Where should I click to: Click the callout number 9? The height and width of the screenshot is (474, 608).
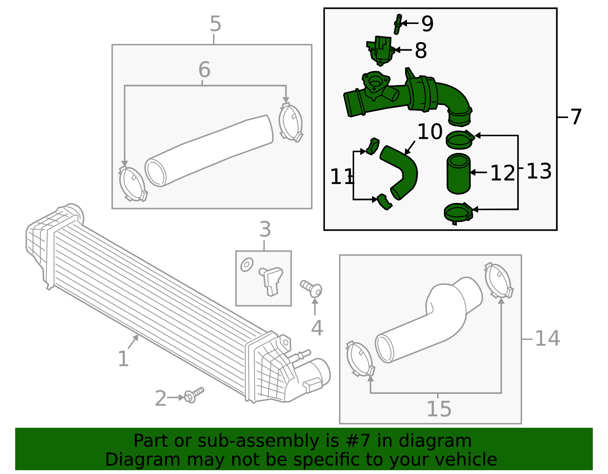[x=427, y=24]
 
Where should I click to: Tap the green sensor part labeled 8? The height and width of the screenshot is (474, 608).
[x=381, y=50]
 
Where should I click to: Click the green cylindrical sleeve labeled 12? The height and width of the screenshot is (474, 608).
[x=459, y=174]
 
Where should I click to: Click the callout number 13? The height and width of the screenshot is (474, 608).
[x=539, y=171]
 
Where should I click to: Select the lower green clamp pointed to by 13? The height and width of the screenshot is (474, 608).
[x=458, y=213]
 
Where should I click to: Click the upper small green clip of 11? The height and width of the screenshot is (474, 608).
[x=373, y=146]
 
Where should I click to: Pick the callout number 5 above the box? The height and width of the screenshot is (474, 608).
[x=215, y=24]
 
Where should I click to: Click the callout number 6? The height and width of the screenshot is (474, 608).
[x=204, y=70]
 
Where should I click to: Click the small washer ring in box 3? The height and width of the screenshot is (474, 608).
[x=247, y=264]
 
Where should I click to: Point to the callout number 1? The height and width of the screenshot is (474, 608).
[x=123, y=359]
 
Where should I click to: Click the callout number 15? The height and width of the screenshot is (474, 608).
[x=439, y=409]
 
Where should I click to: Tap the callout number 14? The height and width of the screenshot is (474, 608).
[x=547, y=339]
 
